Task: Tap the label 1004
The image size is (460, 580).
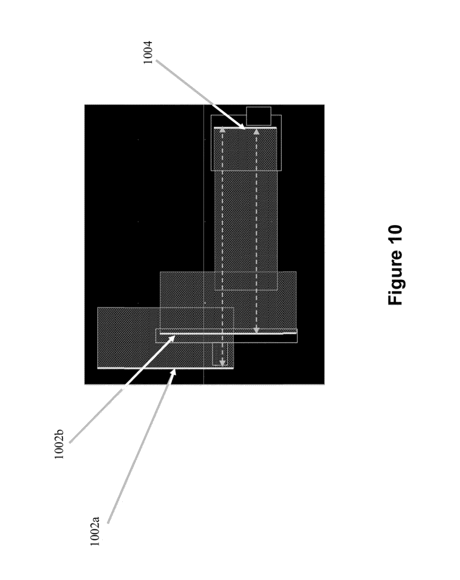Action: pos(148,52)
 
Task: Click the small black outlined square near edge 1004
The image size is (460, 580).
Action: pos(258,116)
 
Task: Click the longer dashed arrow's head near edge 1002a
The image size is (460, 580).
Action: pos(222,363)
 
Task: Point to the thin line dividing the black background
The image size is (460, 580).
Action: pos(204,215)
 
